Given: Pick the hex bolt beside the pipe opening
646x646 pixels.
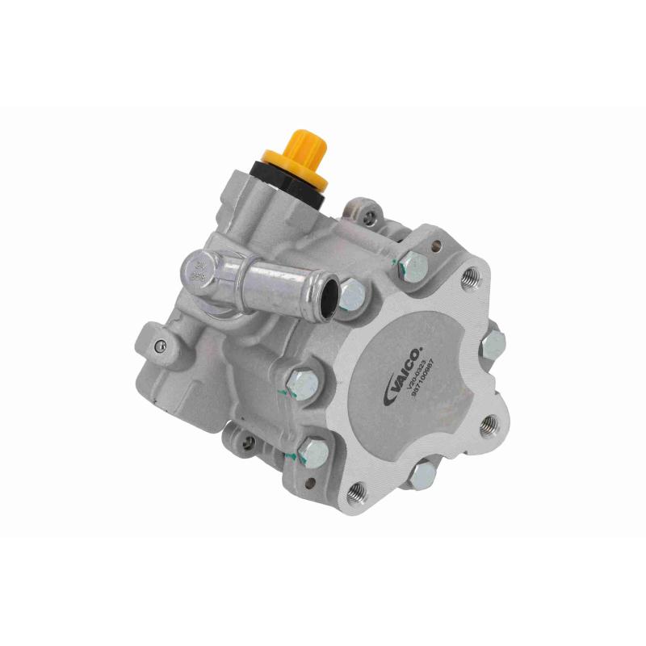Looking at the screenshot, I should (x=352, y=295).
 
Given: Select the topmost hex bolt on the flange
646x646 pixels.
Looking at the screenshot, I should (x=413, y=264).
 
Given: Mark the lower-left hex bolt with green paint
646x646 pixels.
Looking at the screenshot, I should (x=313, y=452).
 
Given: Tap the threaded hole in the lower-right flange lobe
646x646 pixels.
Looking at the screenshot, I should (x=487, y=425).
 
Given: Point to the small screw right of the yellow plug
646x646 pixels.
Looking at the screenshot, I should (x=371, y=215).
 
